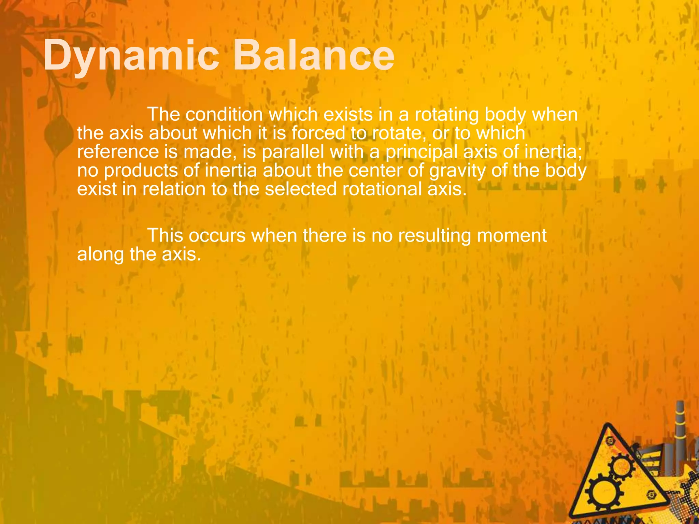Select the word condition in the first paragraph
[x=224, y=115]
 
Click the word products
[x=141, y=171]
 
